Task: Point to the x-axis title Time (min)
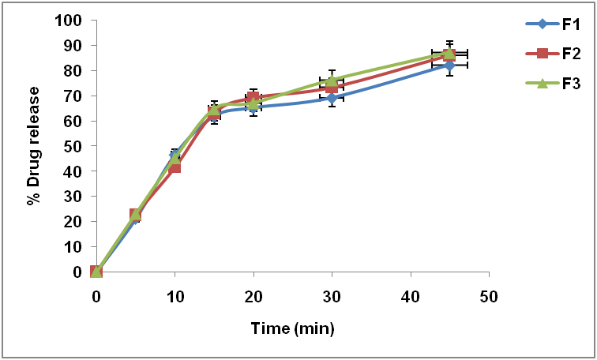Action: [293, 328]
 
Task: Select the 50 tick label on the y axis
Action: [73, 146]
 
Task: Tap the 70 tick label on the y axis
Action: [73, 96]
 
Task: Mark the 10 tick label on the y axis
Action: [73, 246]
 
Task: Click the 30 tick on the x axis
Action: [332, 296]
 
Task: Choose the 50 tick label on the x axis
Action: [489, 296]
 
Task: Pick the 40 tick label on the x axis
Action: [411, 296]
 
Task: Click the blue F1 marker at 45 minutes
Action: [449, 65]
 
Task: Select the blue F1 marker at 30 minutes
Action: [332, 98]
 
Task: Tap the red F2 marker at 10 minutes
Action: [175, 167]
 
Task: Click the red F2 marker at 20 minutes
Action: [253, 98]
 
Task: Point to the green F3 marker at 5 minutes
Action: [136, 213]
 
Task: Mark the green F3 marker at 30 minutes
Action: [332, 80]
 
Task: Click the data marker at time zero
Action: [96, 272]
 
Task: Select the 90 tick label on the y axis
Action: [73, 45]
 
